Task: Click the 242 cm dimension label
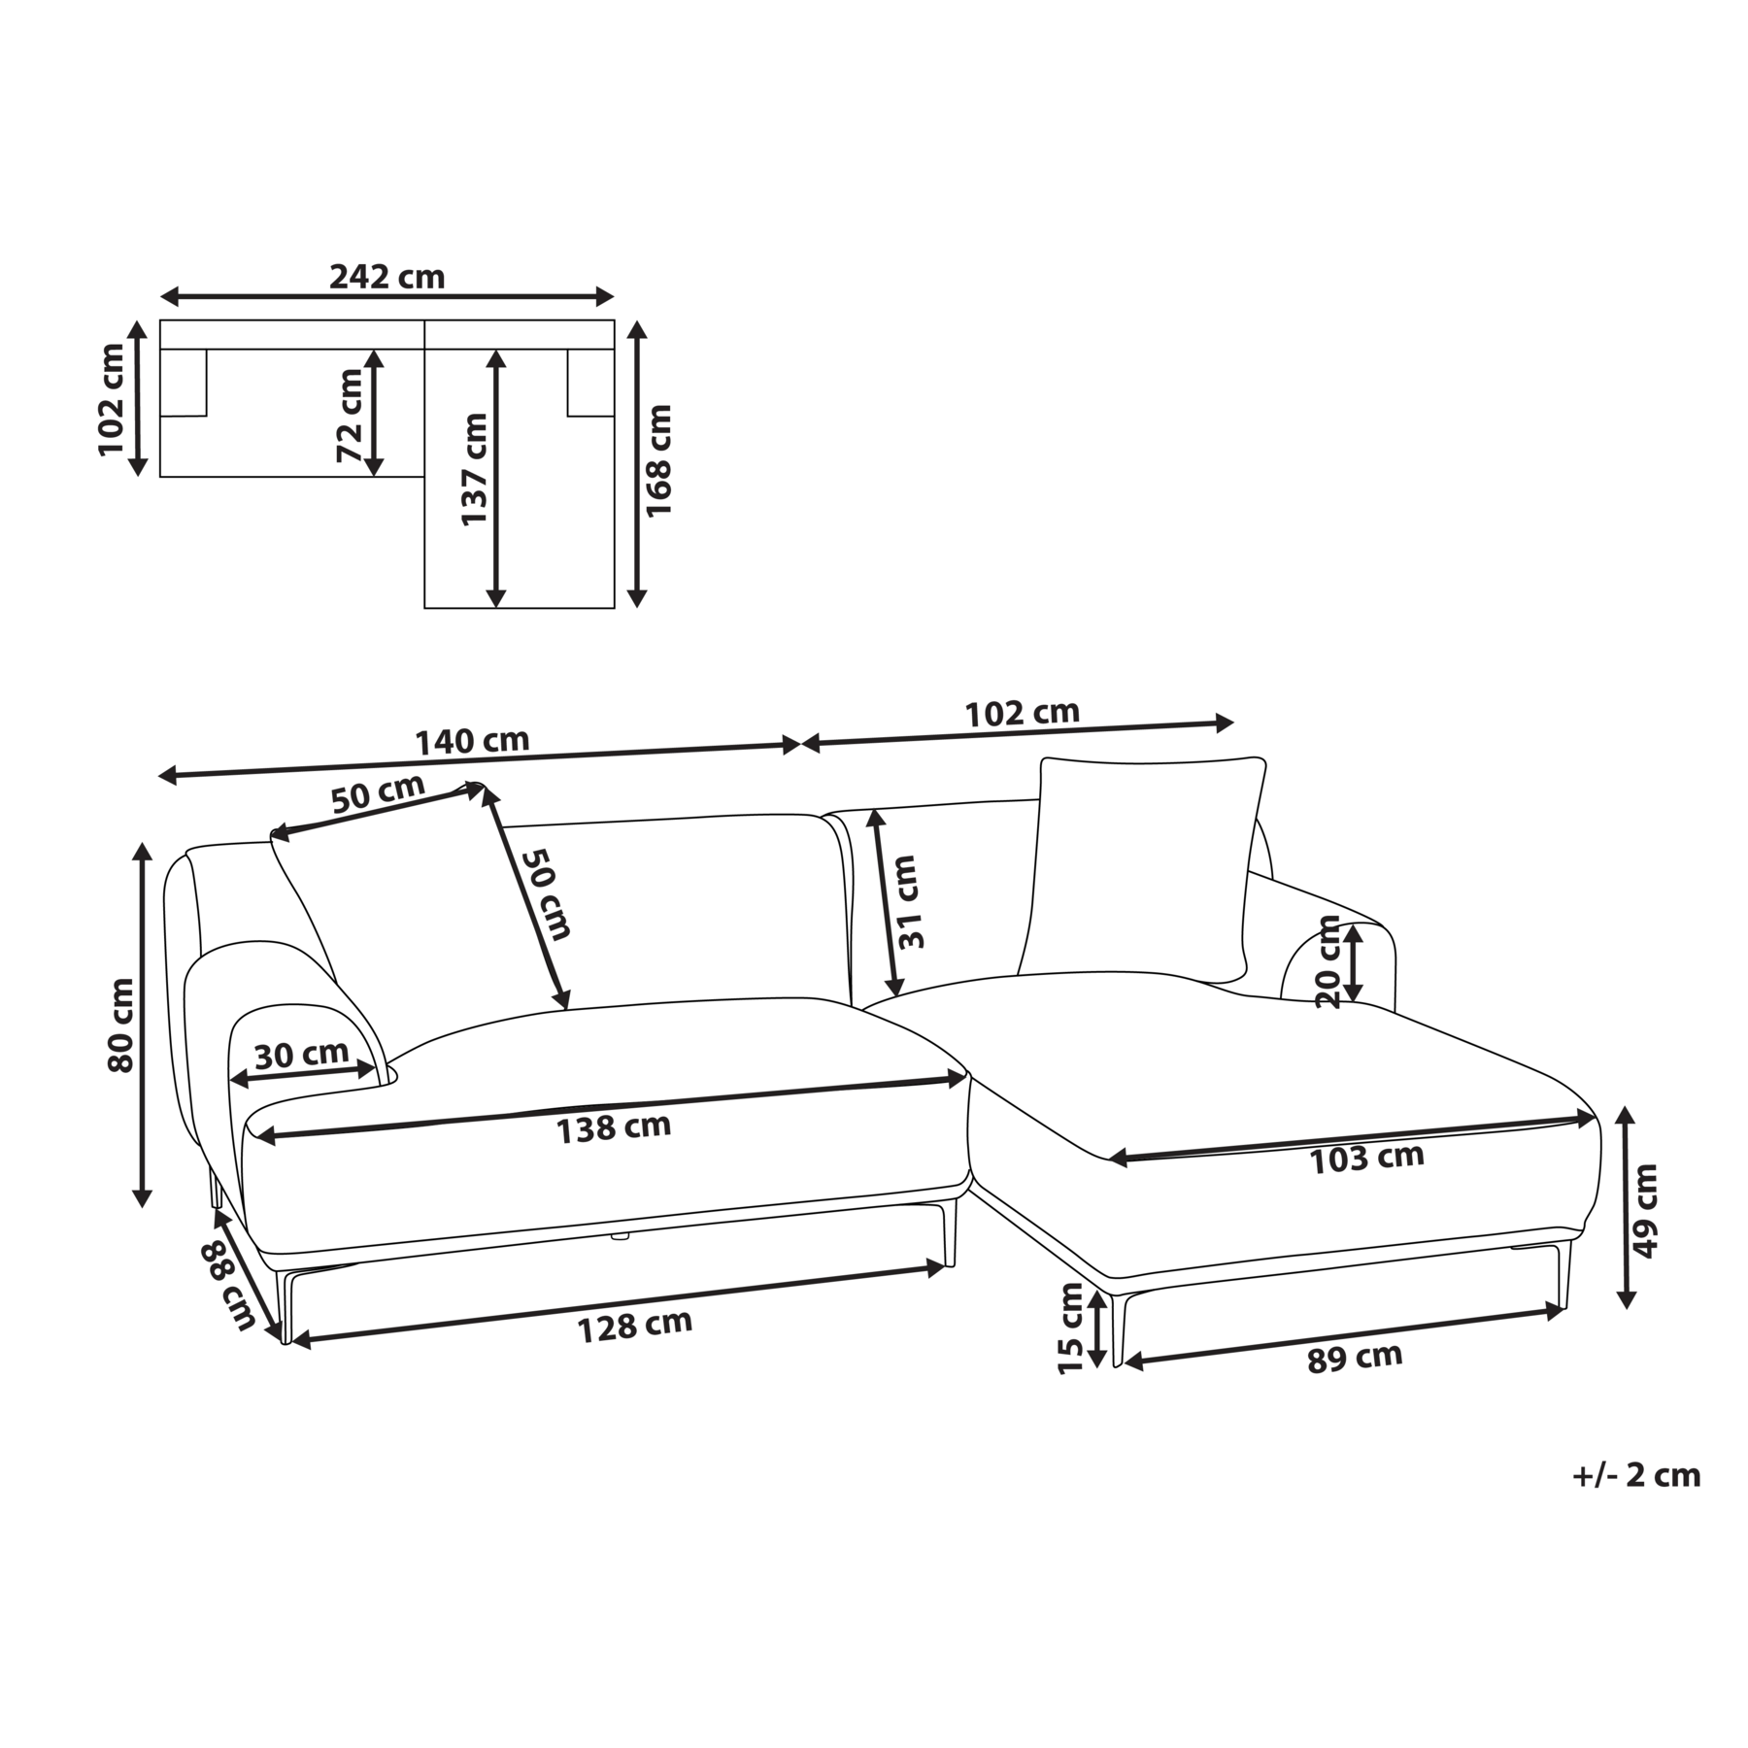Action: (x=387, y=277)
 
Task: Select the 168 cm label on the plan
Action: (x=658, y=460)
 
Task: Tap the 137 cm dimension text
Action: (x=474, y=469)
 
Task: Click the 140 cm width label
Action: (x=472, y=742)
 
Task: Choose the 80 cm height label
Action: (x=121, y=1025)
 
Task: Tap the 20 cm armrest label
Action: (x=1328, y=961)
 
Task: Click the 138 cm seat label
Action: (x=613, y=1127)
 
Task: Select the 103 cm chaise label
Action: (x=1366, y=1158)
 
